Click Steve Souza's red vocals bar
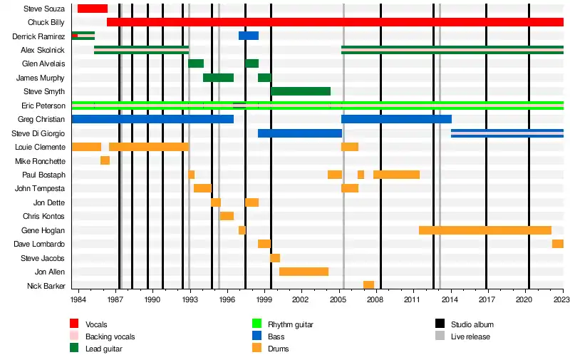point(92,9)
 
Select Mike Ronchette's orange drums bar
point(105,160)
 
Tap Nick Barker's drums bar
point(368,285)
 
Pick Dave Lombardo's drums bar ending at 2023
point(557,244)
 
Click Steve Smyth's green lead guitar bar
point(301,91)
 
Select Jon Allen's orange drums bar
point(304,272)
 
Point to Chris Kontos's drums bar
point(227,216)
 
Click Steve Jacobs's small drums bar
point(275,258)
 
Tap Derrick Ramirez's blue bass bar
point(249,36)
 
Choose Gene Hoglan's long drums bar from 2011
point(484,230)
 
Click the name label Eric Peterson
point(45,106)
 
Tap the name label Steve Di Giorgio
point(40,133)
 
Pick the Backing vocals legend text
point(110,336)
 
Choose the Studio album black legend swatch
point(440,324)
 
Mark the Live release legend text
point(470,336)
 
